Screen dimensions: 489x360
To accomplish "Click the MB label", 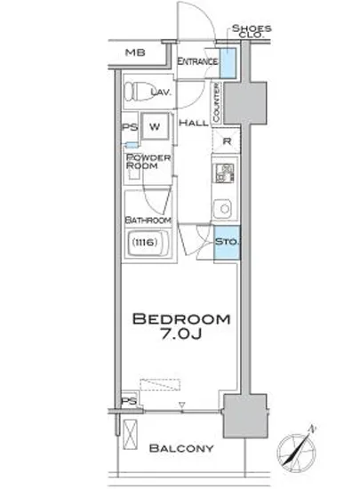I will (134, 52).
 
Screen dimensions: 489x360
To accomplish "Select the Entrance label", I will (196, 61).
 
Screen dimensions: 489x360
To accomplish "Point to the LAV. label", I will (161, 92).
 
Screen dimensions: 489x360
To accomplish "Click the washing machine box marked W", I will (154, 125).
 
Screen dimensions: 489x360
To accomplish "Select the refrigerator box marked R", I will (228, 141).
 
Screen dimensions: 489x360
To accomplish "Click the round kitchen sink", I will (224, 210).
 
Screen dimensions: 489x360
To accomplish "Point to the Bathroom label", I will (148, 220).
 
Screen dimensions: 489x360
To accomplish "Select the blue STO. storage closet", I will (226, 242).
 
